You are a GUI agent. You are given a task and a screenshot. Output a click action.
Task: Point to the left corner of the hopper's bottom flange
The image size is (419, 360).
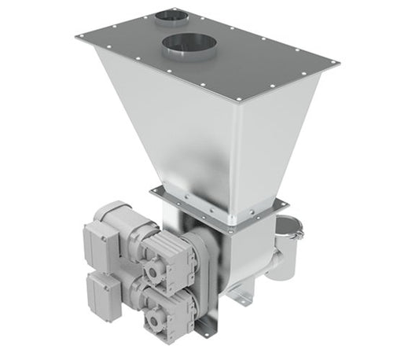pos(153,189)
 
